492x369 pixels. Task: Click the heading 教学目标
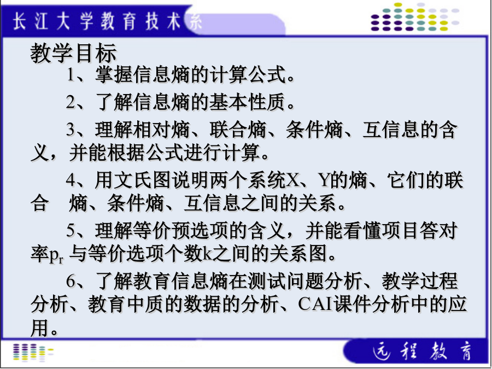coord(74,53)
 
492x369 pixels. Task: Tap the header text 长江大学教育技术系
coord(107,22)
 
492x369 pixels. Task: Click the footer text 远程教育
coord(423,350)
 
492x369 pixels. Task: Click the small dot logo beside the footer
coord(33,352)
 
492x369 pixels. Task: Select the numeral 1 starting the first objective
coord(71,75)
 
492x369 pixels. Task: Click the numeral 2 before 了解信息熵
coord(71,102)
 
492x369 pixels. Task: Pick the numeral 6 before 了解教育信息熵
coord(71,281)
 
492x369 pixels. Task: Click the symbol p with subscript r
coord(56,255)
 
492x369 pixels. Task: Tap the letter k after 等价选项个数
coord(206,254)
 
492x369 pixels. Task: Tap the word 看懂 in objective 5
coord(361,231)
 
